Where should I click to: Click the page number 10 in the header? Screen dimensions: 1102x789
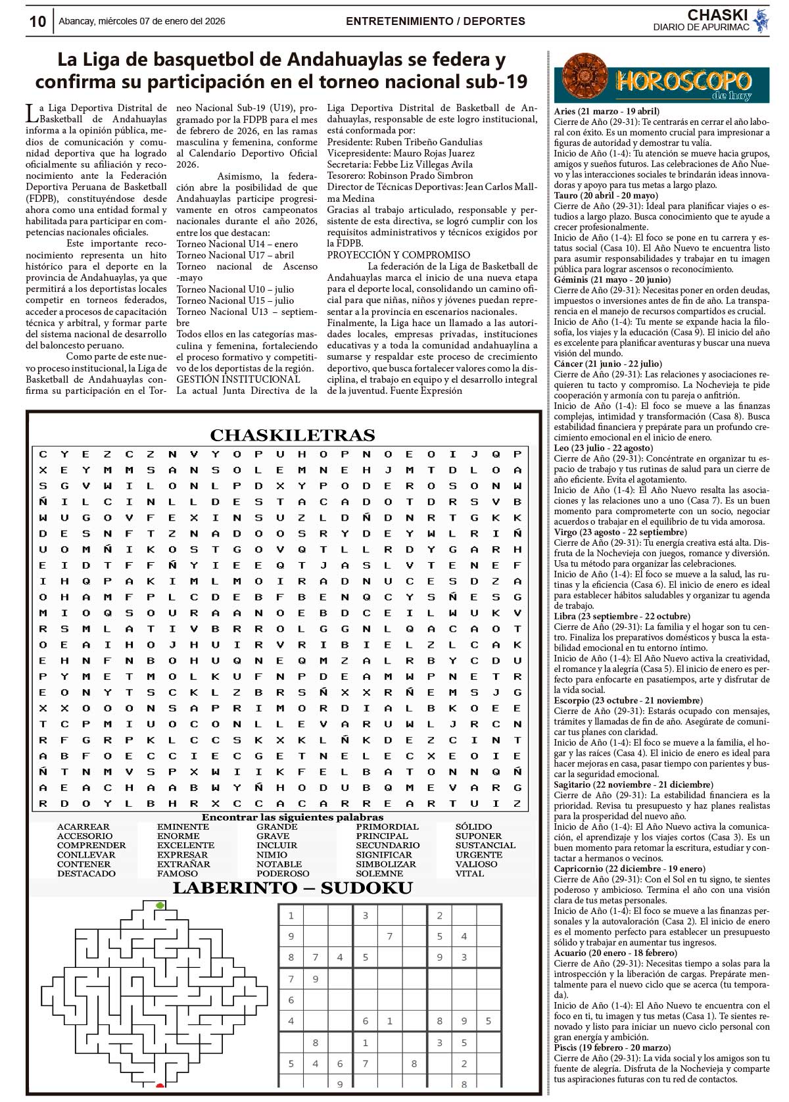tap(37, 22)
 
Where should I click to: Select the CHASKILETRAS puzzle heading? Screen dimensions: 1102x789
tap(292, 435)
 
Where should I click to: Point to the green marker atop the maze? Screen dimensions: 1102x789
tap(160, 905)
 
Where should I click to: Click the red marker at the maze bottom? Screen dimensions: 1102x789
tap(160, 1084)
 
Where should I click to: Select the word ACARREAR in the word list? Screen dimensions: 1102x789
tap(84, 827)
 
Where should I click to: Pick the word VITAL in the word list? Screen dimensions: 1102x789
tap(469, 873)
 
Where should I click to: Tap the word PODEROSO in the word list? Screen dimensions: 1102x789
tap(283, 873)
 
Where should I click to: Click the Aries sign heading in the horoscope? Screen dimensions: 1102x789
tap(606, 112)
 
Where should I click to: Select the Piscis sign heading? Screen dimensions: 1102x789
tap(612, 1047)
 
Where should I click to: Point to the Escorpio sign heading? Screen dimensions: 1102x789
tap(627, 700)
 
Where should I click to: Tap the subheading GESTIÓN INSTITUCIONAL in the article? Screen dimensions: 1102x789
tap(238, 379)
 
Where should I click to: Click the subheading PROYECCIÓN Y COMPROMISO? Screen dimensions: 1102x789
tap(398, 255)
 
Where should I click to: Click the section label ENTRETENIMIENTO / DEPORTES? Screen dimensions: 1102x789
tap(435, 21)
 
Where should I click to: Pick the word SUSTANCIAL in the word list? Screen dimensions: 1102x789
tap(485, 846)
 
